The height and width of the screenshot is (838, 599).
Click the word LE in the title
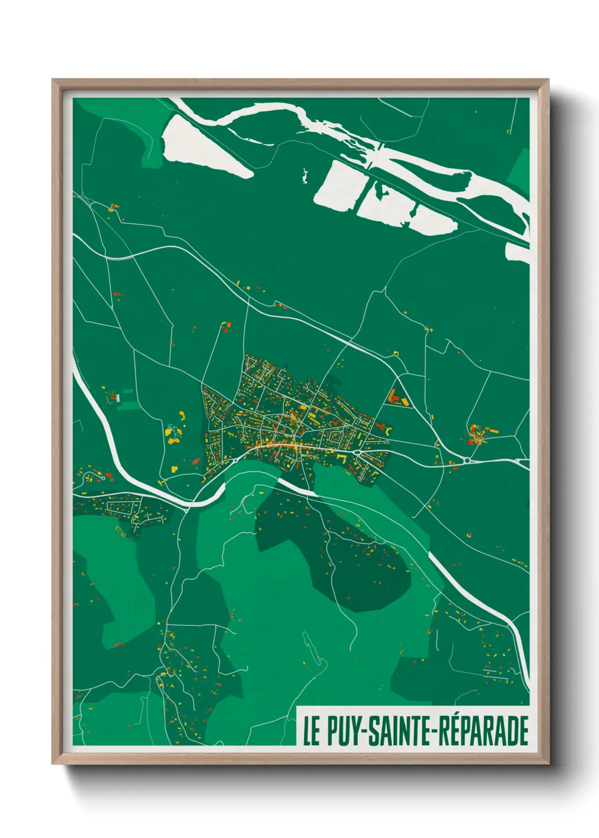click(311, 731)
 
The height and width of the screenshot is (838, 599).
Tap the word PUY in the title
click(344, 731)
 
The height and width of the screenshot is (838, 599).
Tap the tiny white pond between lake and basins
click(306, 176)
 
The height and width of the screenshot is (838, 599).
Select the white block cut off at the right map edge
click(516, 253)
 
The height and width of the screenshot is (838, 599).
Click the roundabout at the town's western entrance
click(234, 460)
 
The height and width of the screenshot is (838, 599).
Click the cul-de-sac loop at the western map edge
click(89, 479)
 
